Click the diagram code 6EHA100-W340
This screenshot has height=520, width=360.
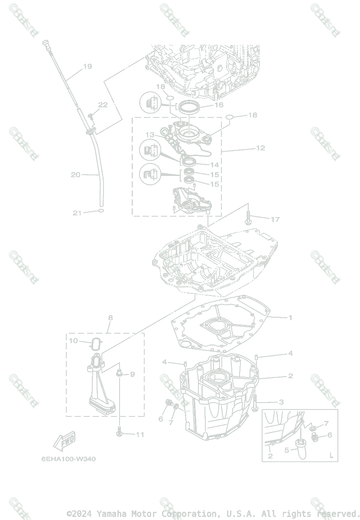click(69, 459)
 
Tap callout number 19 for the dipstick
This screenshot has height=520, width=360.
click(88, 66)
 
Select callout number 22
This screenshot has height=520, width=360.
click(103, 104)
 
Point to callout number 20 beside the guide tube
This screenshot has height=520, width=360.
click(76, 175)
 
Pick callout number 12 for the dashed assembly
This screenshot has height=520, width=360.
click(260, 148)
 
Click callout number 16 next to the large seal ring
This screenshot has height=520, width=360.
click(219, 105)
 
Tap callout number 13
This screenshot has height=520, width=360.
click(150, 135)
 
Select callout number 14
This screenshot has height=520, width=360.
click(214, 165)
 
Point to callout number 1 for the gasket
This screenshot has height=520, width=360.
click(290, 318)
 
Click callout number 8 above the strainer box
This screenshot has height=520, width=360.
click(110, 318)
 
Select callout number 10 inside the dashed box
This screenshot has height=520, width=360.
click(73, 341)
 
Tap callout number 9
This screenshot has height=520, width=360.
click(132, 374)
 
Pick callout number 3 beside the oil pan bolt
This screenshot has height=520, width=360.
click(281, 402)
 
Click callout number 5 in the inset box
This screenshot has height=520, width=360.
click(286, 450)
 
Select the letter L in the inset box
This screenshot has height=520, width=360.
click(331, 455)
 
